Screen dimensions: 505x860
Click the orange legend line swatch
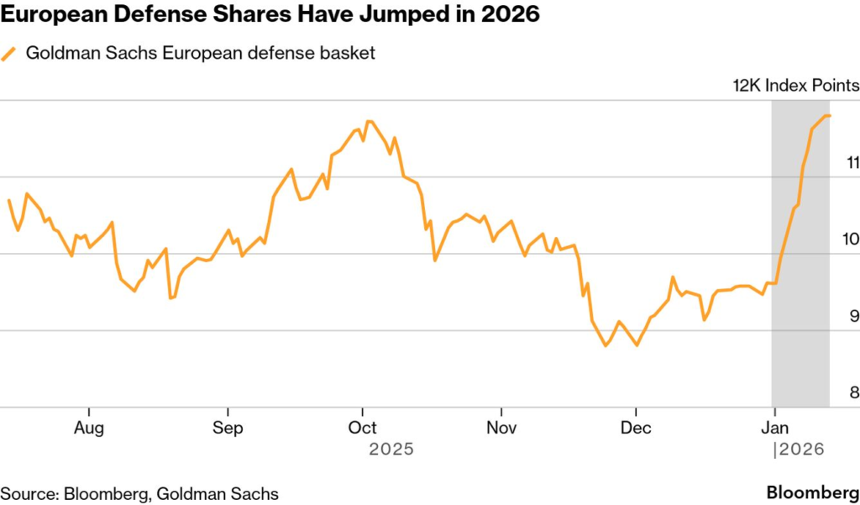(9, 54)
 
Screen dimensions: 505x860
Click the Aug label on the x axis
(89, 428)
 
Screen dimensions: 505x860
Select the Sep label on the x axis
(228, 428)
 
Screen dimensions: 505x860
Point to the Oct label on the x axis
(362, 428)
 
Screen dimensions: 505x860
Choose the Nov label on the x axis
(501, 428)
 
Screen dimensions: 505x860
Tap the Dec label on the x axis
(636, 428)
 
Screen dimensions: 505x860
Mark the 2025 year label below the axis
(391, 450)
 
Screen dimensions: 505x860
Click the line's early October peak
(369, 121)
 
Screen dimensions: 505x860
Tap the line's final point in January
(829, 116)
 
